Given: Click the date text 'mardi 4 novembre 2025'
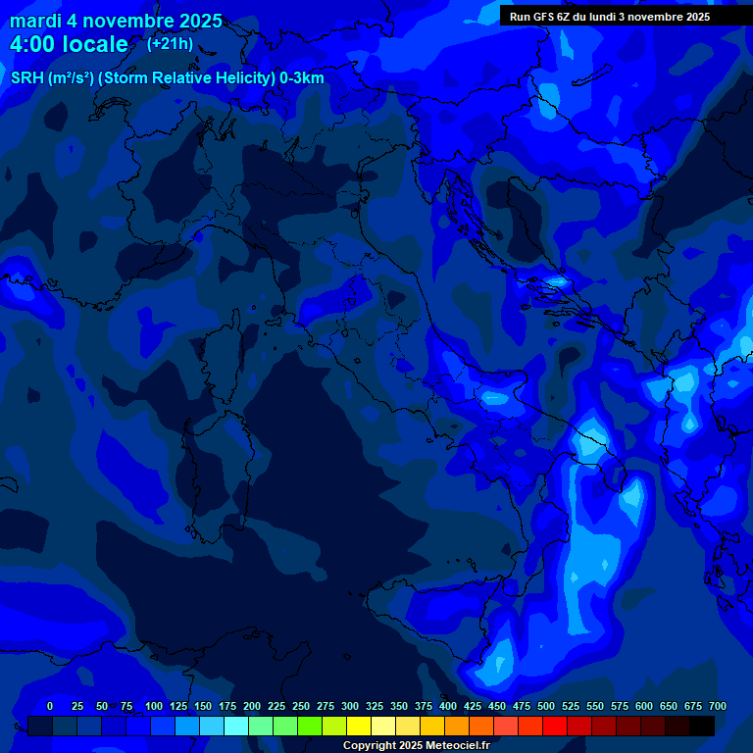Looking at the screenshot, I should coord(116,22).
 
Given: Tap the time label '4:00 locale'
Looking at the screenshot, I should coord(69,44).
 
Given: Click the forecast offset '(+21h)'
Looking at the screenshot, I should coord(170,43).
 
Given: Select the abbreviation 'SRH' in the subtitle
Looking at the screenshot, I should coord(27,78).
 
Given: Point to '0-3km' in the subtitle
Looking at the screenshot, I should coord(302,78).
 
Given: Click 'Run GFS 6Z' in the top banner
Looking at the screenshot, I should coord(540,17).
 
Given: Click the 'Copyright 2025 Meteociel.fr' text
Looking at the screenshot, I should coord(416,745).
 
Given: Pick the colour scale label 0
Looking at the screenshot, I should coord(50,706).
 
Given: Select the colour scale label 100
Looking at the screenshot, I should coord(154,706).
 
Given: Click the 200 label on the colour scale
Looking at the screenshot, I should coord(252,706).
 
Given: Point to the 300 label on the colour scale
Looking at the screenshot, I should coord(350,706).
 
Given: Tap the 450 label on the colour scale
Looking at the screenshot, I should coord(497,706).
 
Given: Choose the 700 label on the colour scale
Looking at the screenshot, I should coord(718,706).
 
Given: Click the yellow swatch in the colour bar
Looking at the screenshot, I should coord(359,726).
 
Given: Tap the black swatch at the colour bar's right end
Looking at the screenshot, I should coord(702,726).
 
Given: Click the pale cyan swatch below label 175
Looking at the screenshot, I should coord(236,726).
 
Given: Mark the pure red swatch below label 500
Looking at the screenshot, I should coord(555,726).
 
